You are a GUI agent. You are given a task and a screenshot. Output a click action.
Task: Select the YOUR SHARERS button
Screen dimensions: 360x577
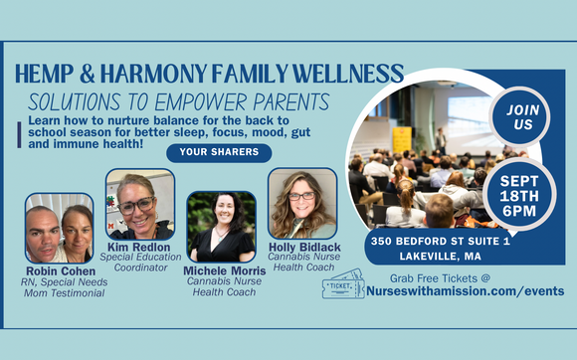coord(219,152)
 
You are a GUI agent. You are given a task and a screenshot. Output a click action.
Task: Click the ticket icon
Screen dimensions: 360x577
coord(342,284)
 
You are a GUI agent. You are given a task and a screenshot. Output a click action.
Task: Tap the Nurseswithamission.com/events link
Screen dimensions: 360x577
coord(466,290)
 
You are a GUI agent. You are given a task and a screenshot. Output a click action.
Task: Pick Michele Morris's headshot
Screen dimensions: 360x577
coord(221,227)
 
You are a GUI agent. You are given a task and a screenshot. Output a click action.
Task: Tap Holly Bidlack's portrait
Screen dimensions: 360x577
coord(301,203)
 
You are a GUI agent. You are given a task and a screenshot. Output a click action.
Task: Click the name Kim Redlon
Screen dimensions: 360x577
coord(140,245)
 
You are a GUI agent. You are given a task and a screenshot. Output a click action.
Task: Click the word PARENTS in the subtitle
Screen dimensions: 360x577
coord(283,101)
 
